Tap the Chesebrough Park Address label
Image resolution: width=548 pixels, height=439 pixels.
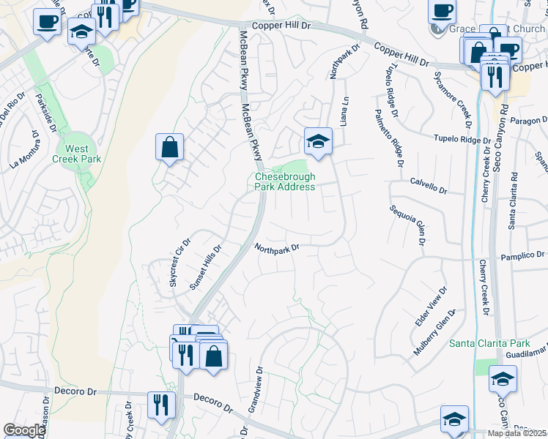(285, 181)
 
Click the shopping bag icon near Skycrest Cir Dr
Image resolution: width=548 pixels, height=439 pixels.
(169, 147)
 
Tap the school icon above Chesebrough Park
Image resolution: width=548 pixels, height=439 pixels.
(318, 141)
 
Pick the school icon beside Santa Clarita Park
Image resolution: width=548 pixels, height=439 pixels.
(503, 379)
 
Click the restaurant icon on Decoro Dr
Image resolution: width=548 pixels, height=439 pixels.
(160, 405)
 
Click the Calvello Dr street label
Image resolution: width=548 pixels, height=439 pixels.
(428, 185)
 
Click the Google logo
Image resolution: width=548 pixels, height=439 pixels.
(24, 430)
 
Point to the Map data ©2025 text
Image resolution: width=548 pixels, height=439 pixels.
(516, 433)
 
